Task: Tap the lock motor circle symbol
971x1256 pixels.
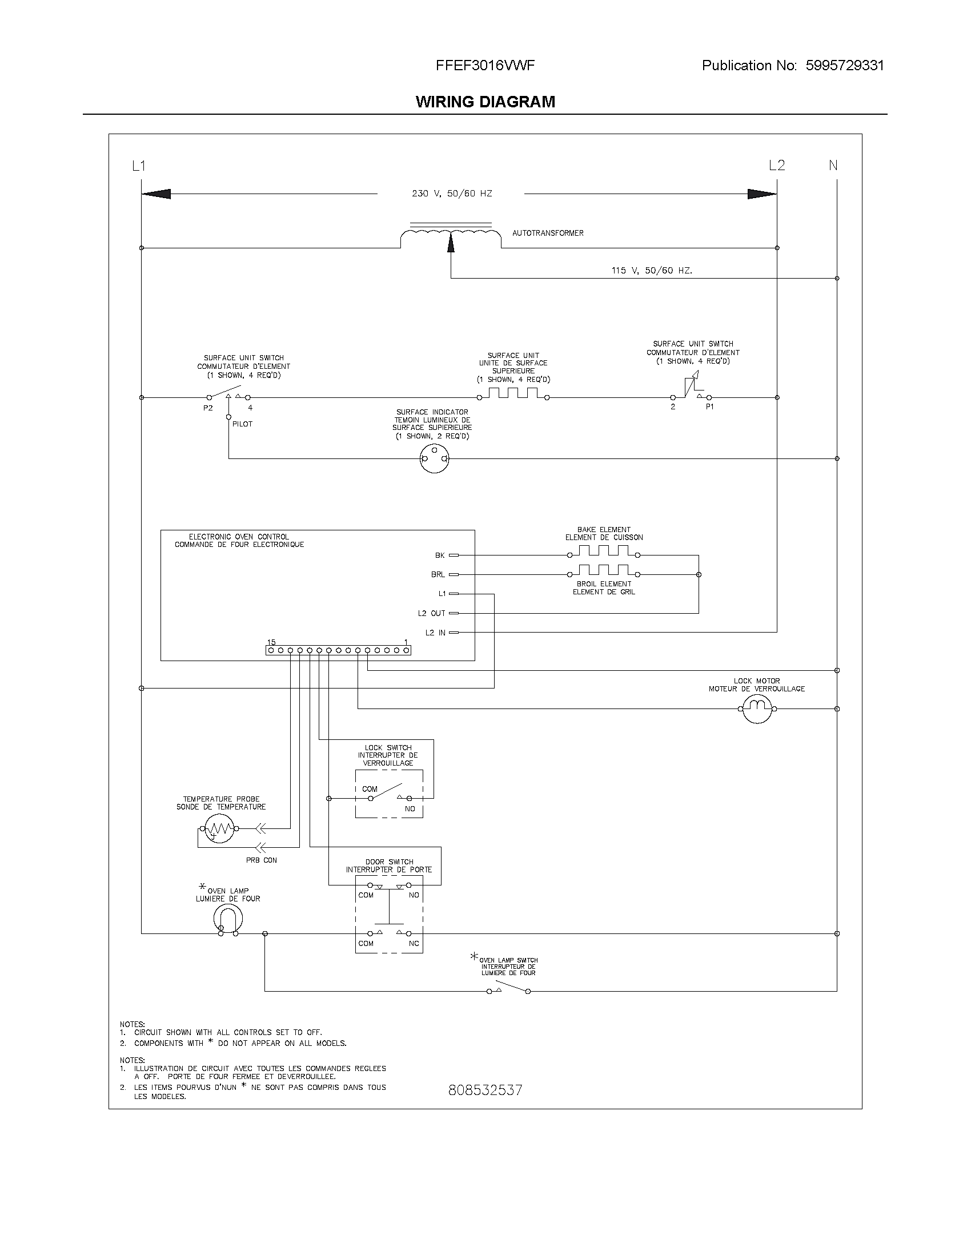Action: (x=757, y=708)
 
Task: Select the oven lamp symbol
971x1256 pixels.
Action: (x=228, y=919)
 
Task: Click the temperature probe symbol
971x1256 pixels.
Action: (x=218, y=829)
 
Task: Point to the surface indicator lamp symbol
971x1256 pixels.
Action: (x=434, y=458)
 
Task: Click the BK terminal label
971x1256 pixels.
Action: (x=440, y=555)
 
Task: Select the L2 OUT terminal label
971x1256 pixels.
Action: (x=431, y=613)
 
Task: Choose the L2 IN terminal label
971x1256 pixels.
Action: (x=435, y=633)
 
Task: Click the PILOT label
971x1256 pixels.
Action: (x=242, y=424)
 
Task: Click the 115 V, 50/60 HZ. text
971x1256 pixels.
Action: (x=652, y=270)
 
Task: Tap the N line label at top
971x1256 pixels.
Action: (x=833, y=166)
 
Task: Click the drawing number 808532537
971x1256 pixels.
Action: (x=485, y=1090)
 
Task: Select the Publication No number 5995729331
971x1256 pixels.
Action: (x=844, y=66)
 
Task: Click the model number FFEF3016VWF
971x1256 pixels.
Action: (x=485, y=66)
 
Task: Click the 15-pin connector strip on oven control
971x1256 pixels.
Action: (x=338, y=650)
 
